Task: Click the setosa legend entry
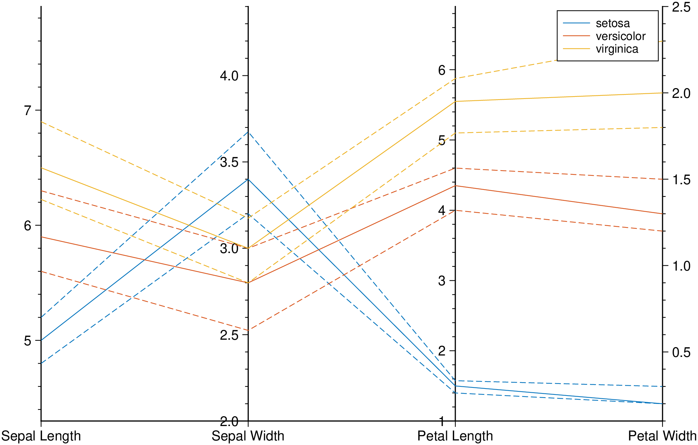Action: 612,24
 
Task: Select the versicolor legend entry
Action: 620,36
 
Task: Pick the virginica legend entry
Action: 617,49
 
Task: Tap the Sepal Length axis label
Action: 41,436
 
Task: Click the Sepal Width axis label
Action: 248,436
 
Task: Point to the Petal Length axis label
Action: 455,436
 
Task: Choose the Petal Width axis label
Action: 662,436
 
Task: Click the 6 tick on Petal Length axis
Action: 442,70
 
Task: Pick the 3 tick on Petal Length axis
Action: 442,281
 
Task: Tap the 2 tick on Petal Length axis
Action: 442,351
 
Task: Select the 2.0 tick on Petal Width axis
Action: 681,93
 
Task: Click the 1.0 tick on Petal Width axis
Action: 681,266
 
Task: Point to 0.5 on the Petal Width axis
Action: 681,352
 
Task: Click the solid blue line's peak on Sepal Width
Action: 248,179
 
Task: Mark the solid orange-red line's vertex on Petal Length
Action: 455,186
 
